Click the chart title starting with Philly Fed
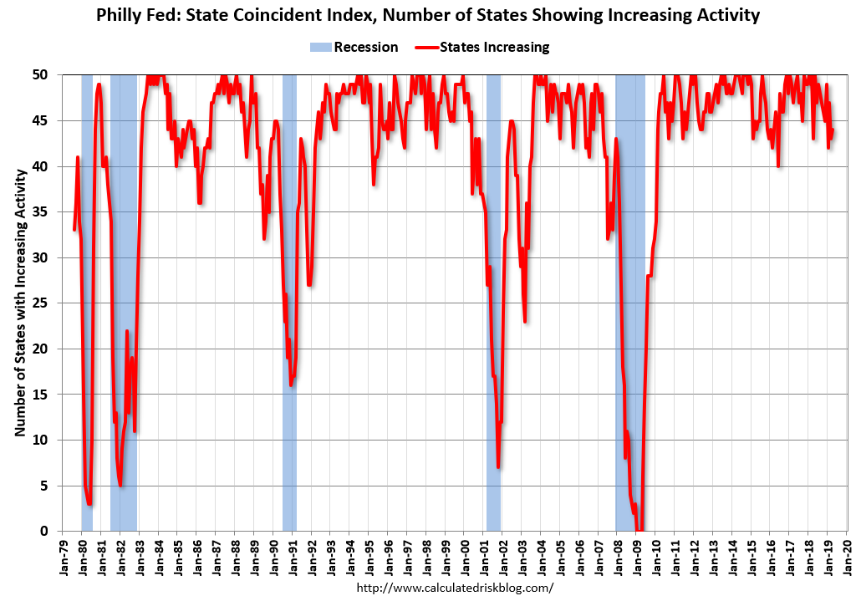[427, 15]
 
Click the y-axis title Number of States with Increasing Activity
[18, 303]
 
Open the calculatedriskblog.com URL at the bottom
[455, 588]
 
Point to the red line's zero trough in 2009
[639, 530]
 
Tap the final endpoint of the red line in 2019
[833, 130]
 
